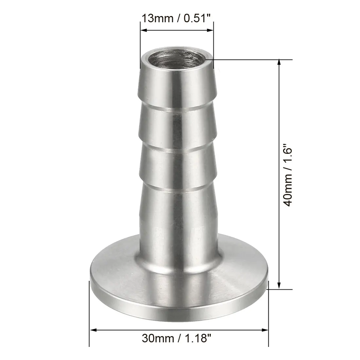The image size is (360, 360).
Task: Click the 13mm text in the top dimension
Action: pos(157,18)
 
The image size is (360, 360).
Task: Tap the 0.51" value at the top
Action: pos(197,18)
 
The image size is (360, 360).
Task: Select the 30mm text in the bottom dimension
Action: pos(158,338)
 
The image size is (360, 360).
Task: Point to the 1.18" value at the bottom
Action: pos(198,338)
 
